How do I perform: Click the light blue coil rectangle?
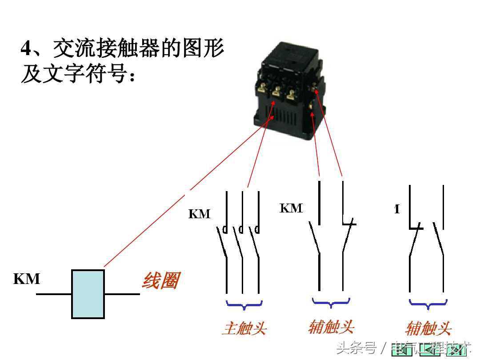(x=88, y=294)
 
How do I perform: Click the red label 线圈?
(x=161, y=281)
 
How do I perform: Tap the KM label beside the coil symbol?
(x=27, y=279)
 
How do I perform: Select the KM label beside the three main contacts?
(x=199, y=214)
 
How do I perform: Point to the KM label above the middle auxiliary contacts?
(x=291, y=208)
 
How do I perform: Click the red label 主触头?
(x=244, y=329)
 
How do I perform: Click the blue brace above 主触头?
(x=244, y=304)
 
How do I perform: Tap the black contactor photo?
(x=289, y=89)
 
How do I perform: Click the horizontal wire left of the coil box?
(x=54, y=294)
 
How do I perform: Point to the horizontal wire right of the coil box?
(x=122, y=294)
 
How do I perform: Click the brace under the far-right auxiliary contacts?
(x=428, y=304)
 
